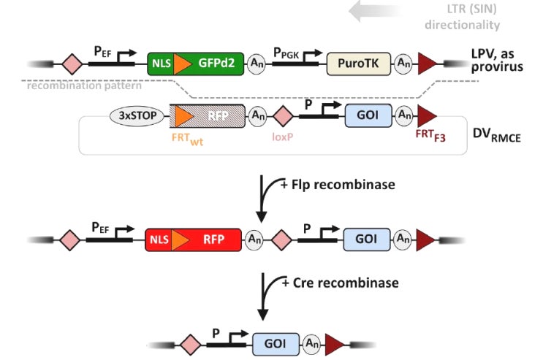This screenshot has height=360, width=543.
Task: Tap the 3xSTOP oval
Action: pyautogui.click(x=137, y=115)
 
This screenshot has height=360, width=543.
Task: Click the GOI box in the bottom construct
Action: pyautogui.click(x=275, y=342)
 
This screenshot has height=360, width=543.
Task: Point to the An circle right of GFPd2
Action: pyautogui.click(x=256, y=64)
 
